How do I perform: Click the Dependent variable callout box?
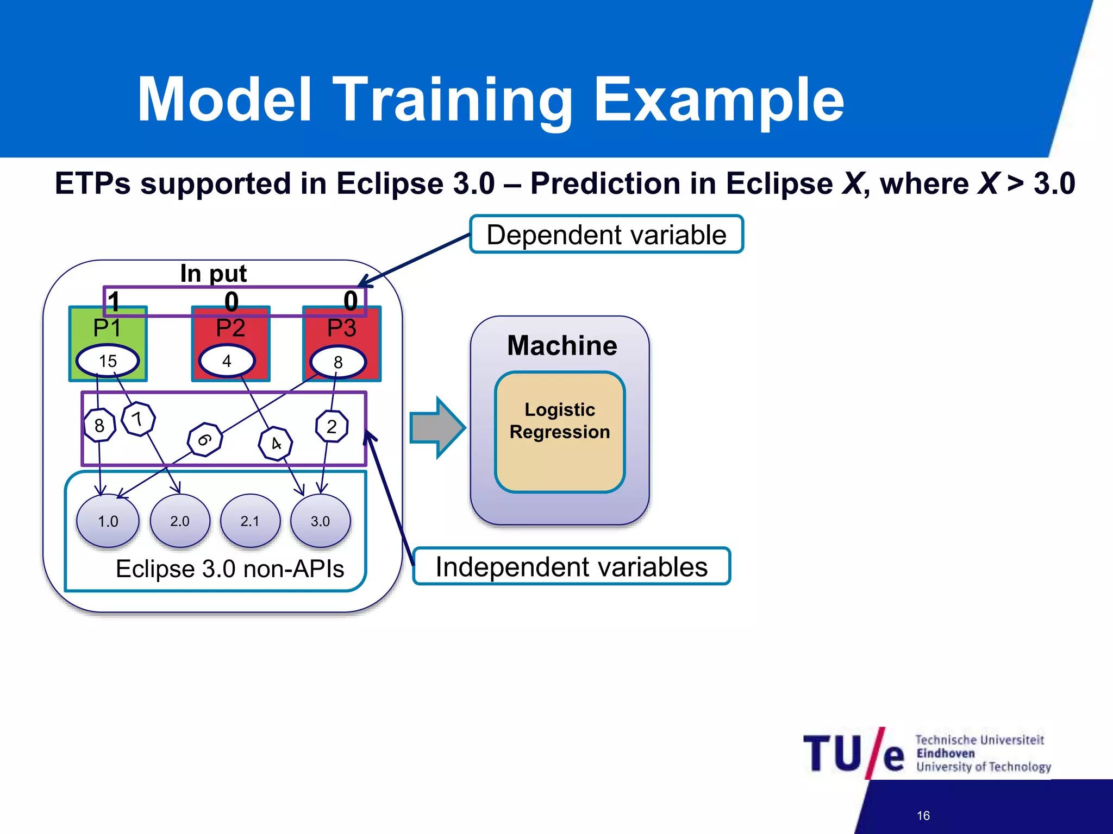(606, 235)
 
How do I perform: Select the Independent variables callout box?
(571, 566)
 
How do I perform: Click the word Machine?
(562, 345)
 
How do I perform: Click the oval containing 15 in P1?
(108, 361)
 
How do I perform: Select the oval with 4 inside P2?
(227, 361)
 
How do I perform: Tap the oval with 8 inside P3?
(338, 362)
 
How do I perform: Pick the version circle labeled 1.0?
(108, 521)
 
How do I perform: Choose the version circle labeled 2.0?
(180, 521)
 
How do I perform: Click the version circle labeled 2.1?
(250, 521)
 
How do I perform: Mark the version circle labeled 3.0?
(321, 521)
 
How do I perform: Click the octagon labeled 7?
(139, 419)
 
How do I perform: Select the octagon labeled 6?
(204, 439)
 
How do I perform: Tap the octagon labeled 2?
(332, 426)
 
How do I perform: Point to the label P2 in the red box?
(230, 328)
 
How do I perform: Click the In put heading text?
(213, 273)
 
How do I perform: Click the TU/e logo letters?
(853, 754)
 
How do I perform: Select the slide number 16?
(923, 816)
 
